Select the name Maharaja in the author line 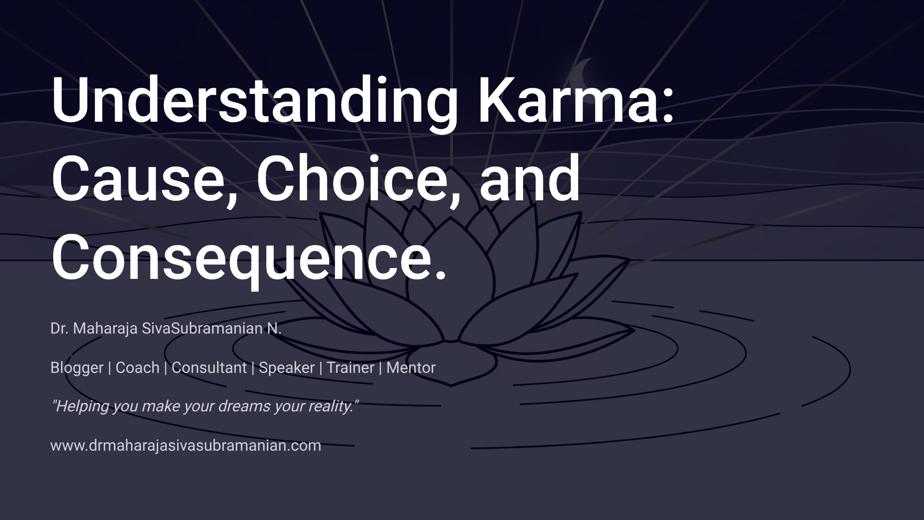tap(105, 328)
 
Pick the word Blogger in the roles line tap(77, 367)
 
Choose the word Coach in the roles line tap(137, 367)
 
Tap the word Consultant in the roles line tap(209, 367)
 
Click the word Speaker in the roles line tap(286, 367)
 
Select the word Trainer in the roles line tap(350, 367)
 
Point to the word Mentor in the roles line tap(411, 367)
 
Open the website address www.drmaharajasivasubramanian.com tap(186, 445)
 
